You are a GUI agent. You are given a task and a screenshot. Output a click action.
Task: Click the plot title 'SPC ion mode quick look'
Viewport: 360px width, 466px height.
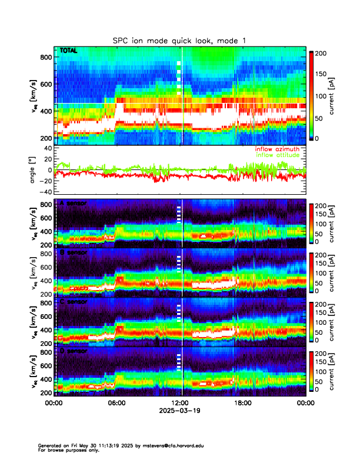tap(179, 41)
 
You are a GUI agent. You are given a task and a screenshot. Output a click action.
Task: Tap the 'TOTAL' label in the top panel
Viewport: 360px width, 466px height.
tap(68, 51)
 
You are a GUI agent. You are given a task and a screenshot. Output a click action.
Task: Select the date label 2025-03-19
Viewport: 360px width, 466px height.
tap(180, 411)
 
